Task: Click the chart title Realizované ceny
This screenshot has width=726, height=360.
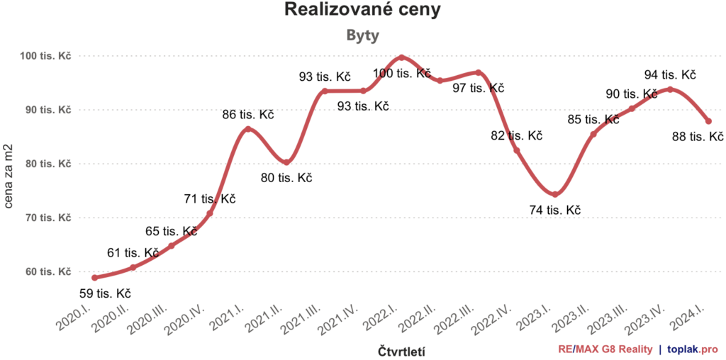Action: point(362,10)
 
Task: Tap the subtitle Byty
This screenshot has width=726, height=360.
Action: point(362,35)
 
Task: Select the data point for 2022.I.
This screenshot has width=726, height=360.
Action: point(402,57)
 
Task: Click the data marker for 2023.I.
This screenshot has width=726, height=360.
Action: point(555,194)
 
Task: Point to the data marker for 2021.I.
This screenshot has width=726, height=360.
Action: point(247,129)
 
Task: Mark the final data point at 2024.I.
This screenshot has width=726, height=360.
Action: point(708,121)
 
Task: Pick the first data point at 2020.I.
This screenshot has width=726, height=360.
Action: point(94,277)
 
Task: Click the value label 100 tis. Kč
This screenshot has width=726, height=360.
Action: point(402,73)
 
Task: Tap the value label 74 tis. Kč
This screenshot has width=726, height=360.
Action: point(555,210)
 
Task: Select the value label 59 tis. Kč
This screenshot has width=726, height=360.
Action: point(104,293)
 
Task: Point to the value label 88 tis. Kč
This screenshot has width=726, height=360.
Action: point(697,137)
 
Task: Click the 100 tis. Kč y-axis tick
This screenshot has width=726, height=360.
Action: point(49,55)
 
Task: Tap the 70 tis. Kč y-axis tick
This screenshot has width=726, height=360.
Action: point(49,218)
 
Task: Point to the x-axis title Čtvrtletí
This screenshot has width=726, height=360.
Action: point(401,350)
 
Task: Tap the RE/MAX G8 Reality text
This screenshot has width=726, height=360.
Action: point(605,349)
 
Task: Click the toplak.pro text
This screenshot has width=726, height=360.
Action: point(693,349)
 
